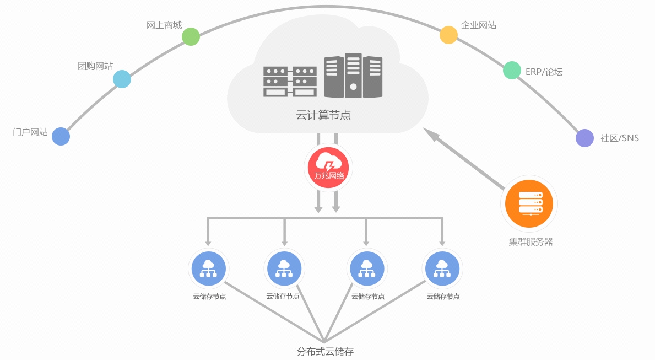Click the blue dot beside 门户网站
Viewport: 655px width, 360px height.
click(61, 136)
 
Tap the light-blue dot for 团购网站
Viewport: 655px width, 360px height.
click(122, 79)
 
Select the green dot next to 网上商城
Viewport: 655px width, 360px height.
click(191, 37)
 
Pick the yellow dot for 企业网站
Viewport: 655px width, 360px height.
click(448, 35)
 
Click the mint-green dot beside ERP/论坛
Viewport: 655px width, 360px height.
click(512, 70)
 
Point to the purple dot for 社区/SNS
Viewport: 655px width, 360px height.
click(584, 138)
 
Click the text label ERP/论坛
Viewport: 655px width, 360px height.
click(544, 72)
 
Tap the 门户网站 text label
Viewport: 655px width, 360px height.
click(30, 132)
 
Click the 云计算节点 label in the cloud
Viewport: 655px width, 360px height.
click(323, 115)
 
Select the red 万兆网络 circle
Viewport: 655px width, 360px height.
click(328, 167)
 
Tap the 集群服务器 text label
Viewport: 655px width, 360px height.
click(531, 241)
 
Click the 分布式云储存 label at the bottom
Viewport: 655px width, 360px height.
click(324, 351)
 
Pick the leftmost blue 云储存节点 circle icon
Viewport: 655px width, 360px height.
click(208, 268)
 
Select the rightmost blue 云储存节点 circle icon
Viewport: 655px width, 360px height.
click(442, 268)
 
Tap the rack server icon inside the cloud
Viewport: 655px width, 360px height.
click(290, 82)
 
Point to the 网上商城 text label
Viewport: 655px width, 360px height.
click(164, 25)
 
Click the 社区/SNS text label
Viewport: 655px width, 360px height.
click(619, 138)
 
